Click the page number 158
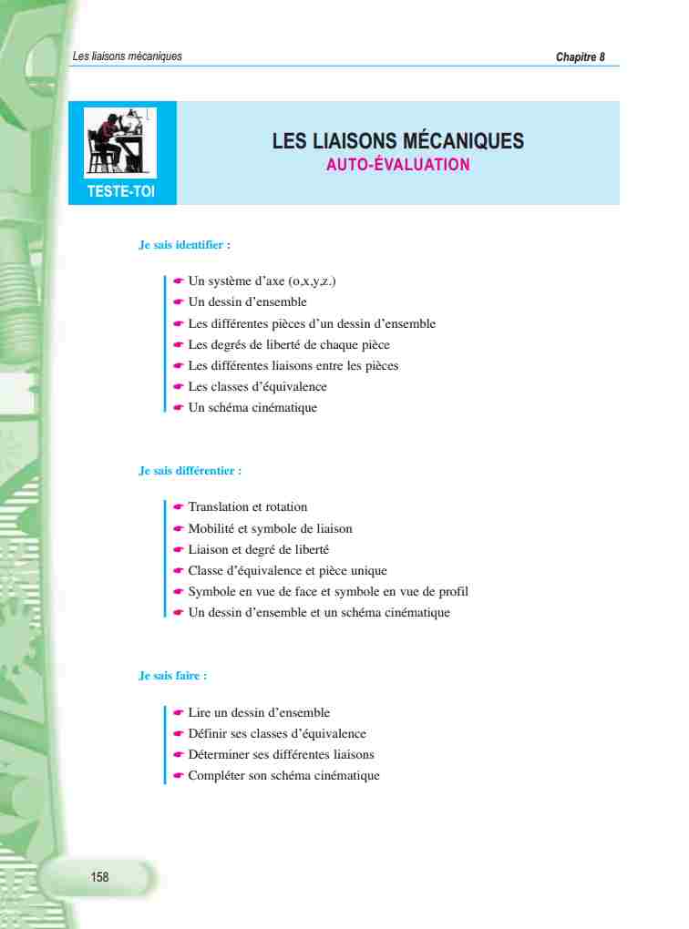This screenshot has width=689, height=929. pos(99,877)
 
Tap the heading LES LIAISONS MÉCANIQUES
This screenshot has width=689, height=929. pos(397,141)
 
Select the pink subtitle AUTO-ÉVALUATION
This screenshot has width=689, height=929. pos(397,165)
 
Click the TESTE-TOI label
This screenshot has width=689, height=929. pos(120,191)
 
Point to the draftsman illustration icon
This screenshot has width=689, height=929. pos(120,141)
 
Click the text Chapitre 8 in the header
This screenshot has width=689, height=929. pos(580,56)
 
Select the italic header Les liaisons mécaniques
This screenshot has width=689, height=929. pos(127,56)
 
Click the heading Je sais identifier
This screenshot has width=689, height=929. pos(184,245)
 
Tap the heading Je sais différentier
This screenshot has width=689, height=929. pos(190,472)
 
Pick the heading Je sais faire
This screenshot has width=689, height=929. pos(172,676)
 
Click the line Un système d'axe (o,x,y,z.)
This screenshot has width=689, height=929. pos(262,281)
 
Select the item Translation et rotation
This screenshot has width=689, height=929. pos(247,507)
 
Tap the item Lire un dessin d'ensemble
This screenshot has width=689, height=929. pos(259,713)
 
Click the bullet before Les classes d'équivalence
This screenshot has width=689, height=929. pos(179,387)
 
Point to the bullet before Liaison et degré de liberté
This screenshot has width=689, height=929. pos(179,550)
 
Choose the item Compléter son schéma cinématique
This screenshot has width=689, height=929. pos(283,776)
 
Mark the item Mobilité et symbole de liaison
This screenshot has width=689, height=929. pos(270,529)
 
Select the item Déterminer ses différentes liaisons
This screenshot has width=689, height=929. pos(281,755)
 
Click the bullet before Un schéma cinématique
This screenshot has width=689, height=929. pos(179,408)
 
